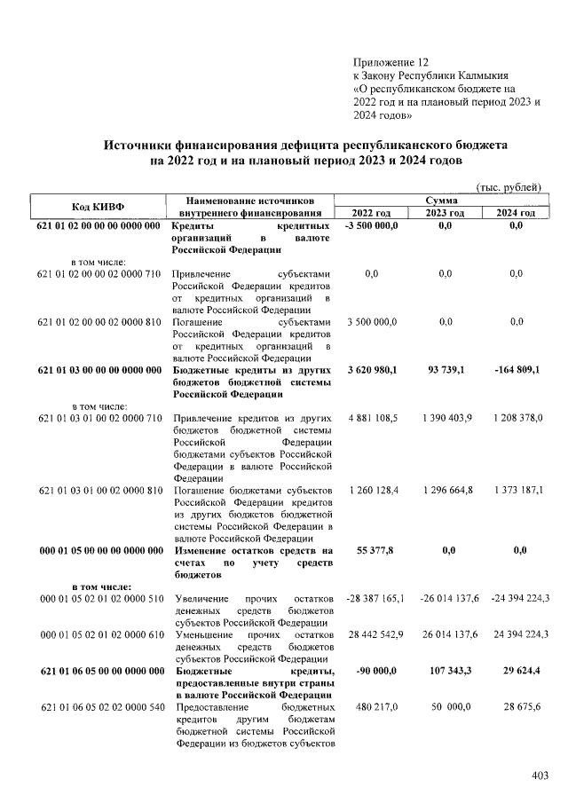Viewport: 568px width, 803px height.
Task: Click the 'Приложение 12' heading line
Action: click(390, 62)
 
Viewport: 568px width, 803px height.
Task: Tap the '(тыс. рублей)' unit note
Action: click(509, 187)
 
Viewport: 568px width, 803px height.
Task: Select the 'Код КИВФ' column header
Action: click(98, 207)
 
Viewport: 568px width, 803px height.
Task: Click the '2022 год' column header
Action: click(371, 213)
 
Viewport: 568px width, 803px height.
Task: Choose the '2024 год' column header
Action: click(517, 213)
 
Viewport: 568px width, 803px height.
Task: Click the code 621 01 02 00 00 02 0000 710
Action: click(99, 274)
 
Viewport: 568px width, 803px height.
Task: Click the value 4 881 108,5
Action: click(371, 417)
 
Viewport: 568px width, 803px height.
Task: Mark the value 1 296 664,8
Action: click(445, 489)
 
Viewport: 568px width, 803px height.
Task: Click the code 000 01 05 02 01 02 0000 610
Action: click(99, 634)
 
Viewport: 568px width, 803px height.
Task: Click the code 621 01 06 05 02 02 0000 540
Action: click(99, 707)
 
